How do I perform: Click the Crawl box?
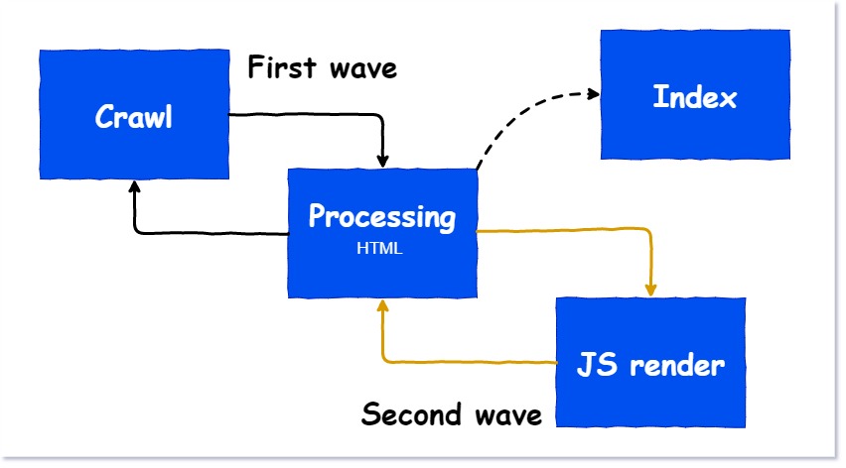click(134, 114)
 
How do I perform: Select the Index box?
click(695, 94)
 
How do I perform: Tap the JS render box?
click(650, 363)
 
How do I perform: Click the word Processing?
click(382, 216)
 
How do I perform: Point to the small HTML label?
click(379, 248)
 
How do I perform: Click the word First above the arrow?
click(281, 67)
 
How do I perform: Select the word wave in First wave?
click(363, 69)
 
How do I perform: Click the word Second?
click(411, 414)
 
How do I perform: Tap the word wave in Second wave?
click(508, 416)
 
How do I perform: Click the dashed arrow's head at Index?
click(594, 94)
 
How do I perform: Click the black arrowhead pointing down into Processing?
click(382, 161)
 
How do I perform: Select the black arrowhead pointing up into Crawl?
click(134, 186)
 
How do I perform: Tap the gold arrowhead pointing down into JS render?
click(650, 290)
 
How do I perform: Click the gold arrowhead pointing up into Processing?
click(382, 306)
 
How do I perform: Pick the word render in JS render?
click(677, 365)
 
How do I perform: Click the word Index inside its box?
click(695, 97)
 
